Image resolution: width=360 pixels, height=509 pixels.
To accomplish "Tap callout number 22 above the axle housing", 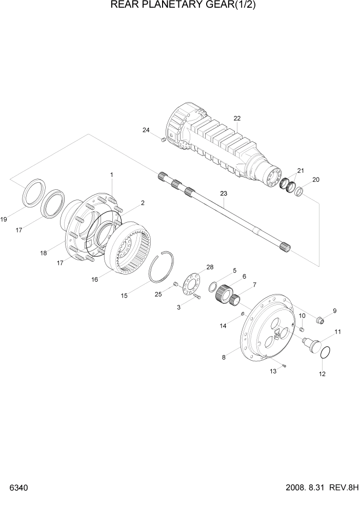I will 237,119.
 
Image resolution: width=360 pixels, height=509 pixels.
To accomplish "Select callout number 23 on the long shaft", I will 223,193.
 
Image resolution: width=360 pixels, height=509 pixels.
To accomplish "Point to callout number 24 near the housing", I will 146,130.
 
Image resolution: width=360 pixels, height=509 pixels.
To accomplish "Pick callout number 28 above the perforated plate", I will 210,267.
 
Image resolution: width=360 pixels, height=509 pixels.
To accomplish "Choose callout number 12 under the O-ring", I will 322,374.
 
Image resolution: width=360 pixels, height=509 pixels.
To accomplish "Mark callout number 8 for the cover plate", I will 224,358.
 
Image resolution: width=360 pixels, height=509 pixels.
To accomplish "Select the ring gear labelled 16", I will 131,246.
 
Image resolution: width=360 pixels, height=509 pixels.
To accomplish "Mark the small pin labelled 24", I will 162,139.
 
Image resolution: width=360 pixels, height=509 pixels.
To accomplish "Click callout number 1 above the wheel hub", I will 112,175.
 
